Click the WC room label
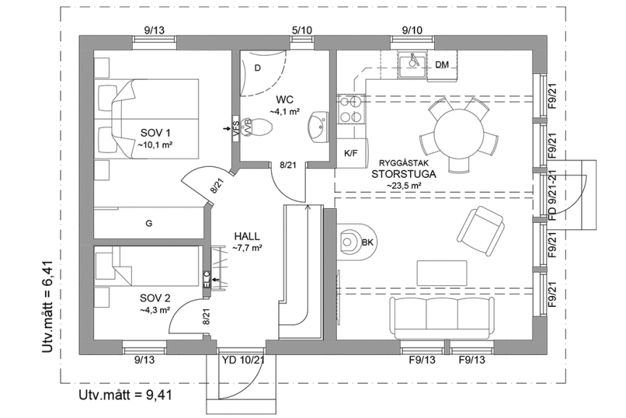click(283, 99)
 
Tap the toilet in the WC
click(260, 128)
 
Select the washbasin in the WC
click(317, 126)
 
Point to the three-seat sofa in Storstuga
click(441, 314)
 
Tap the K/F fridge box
click(351, 153)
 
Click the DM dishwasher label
click(442, 65)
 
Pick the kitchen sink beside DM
click(414, 62)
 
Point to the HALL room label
click(247, 237)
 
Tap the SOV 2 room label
click(154, 298)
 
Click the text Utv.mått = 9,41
click(125, 396)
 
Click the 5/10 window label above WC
click(301, 30)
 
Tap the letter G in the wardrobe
click(149, 224)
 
